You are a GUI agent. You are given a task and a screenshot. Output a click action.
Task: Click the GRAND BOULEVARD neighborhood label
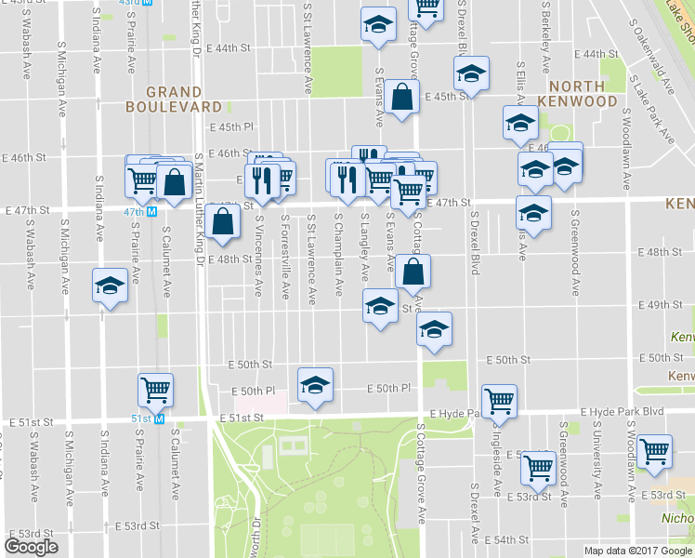tap(163, 100)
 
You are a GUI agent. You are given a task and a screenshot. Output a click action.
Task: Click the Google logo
tap(32, 547)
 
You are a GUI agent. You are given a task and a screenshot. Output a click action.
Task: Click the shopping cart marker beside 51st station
tap(155, 389)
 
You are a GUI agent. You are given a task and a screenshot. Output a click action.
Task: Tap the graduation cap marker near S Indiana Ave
tap(109, 286)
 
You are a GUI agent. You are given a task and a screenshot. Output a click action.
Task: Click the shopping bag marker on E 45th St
tap(400, 99)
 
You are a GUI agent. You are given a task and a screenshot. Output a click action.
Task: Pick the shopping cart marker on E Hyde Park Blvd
tap(500, 400)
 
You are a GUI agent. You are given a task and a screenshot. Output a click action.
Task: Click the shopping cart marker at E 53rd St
tap(538, 468)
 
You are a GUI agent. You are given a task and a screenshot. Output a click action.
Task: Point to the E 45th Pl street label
tap(231, 127)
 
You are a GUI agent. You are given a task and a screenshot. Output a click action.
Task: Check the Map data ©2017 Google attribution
tap(637, 550)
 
